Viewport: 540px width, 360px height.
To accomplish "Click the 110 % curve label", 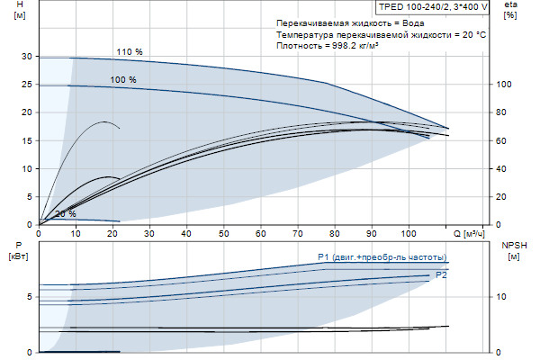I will (x=129, y=52).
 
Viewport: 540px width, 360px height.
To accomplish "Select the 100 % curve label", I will (x=123, y=80).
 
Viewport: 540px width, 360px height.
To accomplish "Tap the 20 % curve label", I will (x=65, y=214).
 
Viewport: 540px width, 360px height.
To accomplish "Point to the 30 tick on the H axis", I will (x=27, y=57).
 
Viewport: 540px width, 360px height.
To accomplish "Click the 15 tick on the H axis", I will (x=27, y=140).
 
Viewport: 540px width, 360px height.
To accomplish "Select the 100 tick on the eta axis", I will (x=505, y=85).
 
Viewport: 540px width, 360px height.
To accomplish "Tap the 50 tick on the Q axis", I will (x=224, y=233).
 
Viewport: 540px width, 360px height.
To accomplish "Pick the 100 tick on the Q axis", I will (x=409, y=233).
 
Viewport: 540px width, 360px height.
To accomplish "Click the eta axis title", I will (x=511, y=5).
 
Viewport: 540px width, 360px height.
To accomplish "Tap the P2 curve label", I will (x=441, y=274).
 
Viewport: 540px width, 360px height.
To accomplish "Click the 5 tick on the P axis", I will (x=30, y=296).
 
